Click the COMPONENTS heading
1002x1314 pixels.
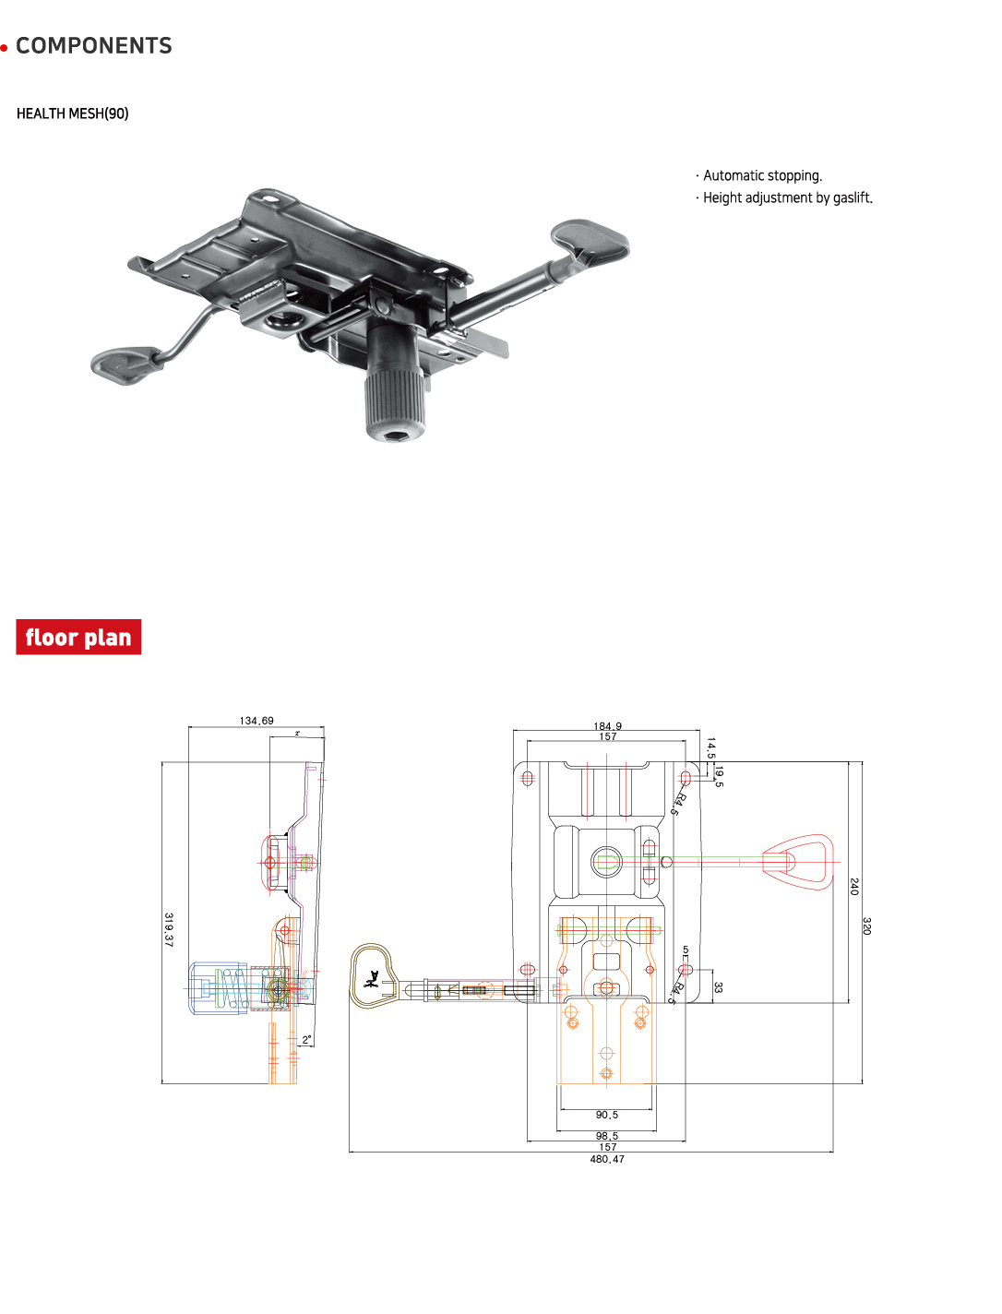point(93,46)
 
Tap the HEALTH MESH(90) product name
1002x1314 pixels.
point(73,113)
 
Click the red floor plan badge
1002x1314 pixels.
point(78,638)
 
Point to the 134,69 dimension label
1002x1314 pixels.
point(256,721)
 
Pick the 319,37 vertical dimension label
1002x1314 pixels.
point(169,929)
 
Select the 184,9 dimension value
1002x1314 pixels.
point(607,726)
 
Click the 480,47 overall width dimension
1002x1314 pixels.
point(607,1159)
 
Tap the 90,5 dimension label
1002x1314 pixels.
point(607,1115)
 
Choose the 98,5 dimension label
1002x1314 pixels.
point(607,1136)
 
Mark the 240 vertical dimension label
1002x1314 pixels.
point(853,887)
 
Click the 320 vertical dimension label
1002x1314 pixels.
point(866,926)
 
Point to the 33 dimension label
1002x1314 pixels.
point(718,987)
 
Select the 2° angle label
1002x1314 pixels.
point(307,1040)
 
